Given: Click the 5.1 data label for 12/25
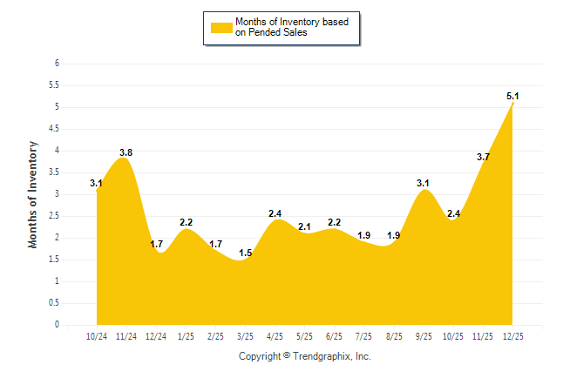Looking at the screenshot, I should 513,96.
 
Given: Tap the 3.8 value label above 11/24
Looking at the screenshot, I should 125,152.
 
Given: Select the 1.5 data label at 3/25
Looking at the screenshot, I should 246,253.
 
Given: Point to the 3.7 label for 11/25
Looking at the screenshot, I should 483,157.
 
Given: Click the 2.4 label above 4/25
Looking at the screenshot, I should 275,213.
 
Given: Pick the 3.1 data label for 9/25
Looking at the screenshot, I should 424,183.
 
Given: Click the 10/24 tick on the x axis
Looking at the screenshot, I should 97,336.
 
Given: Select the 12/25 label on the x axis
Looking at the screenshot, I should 513,336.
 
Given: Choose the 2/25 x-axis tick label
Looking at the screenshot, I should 216,336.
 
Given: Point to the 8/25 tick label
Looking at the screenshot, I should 394,336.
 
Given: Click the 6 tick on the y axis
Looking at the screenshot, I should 57,64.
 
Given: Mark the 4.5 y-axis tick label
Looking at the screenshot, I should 54,129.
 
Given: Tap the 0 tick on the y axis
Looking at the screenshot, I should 57,325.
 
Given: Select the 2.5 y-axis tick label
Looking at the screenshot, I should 54,216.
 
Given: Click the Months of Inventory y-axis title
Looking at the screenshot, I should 33,194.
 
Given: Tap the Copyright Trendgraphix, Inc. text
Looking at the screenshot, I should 305,356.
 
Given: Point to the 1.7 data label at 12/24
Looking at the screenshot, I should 157,245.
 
